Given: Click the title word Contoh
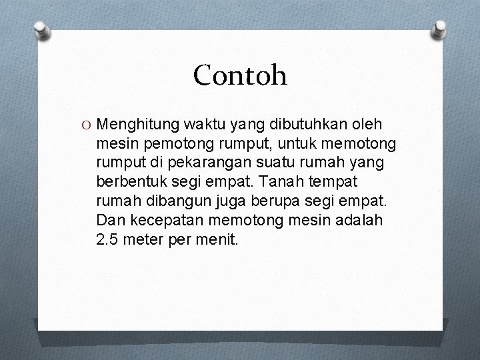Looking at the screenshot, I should click(x=240, y=76).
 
